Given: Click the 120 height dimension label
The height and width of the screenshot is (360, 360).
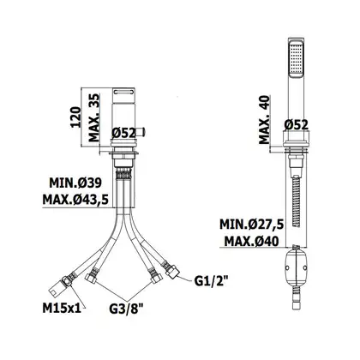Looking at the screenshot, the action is coord(75,117).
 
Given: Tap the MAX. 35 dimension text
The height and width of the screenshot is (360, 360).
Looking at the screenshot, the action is coord(94,117).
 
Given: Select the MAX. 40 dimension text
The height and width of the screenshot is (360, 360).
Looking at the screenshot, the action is coord(264,119).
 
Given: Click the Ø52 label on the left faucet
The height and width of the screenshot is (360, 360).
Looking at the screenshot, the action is coord(123,133).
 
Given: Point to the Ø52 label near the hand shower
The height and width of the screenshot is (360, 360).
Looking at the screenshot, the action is coord(297,125).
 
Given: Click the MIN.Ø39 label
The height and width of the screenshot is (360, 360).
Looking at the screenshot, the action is coord(75,183).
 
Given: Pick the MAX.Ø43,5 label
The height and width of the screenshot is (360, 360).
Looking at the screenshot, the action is coord(75,200).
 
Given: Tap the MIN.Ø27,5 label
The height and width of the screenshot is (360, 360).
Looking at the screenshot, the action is coord(251,225).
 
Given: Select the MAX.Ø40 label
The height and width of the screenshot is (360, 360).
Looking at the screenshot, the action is coord(251,242).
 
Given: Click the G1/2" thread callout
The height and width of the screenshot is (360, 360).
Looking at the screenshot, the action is coord(211,281).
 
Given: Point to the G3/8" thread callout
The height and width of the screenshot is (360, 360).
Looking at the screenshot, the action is coord(126,309).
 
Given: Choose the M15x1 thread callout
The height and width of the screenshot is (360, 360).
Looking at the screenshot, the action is coord(62,309).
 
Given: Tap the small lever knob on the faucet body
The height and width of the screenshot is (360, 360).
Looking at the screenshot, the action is coord(141,133).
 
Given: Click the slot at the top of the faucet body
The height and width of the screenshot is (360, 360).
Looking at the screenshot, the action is coord(123,92).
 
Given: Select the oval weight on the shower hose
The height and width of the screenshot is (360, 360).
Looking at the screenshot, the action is coord(297,268).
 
